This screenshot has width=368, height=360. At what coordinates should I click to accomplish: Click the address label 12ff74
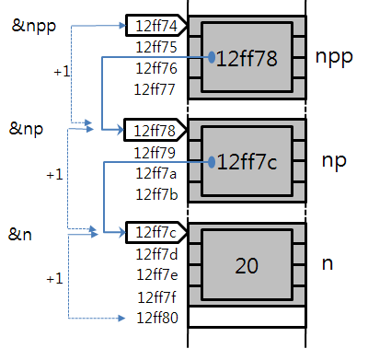coord(155,27)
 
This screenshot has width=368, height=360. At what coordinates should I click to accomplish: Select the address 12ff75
coord(155,47)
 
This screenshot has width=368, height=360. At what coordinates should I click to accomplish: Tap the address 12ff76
coord(155,68)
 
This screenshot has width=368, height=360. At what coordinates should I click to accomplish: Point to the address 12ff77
coord(155,88)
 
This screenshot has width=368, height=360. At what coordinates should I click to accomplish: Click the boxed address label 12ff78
coord(155,130)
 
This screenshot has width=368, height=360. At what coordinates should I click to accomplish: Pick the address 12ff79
coord(155,151)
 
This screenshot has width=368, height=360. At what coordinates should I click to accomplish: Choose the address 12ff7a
coord(155,172)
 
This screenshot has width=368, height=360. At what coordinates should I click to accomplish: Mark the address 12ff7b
coord(155,192)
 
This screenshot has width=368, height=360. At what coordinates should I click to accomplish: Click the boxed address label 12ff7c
coord(155,232)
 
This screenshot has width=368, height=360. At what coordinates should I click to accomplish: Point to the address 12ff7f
coord(155,296)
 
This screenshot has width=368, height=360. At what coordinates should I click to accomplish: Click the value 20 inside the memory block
coord(247,266)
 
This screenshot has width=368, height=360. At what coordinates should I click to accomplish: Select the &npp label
coord(33,26)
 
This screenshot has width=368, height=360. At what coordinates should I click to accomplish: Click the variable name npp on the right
coord(334,57)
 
